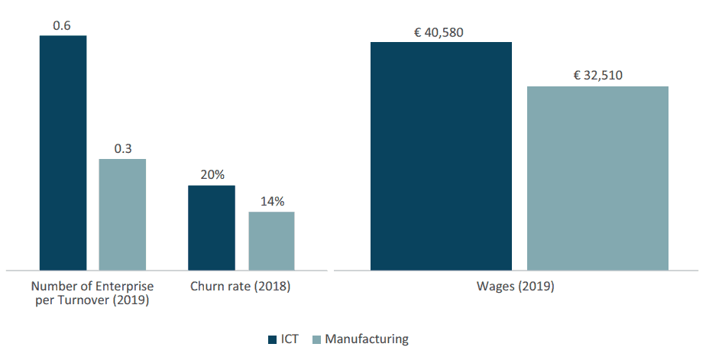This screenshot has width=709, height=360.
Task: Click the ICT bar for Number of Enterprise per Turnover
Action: tap(63, 153)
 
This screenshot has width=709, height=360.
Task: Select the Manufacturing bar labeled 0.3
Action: tap(122, 214)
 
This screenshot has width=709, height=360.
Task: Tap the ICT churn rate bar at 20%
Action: tap(212, 227)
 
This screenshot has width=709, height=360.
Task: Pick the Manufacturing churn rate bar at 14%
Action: tap(271, 241)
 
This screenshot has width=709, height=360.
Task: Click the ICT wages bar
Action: tap(441, 156)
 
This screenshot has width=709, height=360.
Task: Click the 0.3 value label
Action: tap(122, 149)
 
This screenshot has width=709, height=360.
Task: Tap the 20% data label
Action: tap(212, 175)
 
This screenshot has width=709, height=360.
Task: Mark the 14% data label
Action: tap(271, 202)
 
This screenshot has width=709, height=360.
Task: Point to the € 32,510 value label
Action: tap(598, 76)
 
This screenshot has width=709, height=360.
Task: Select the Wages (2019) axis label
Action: tap(516, 287)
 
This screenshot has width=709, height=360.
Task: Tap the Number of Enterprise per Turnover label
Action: tap(92, 293)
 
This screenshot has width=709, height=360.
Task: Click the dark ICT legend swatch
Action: tap(273, 339)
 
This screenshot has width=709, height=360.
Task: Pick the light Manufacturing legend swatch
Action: tap(317, 339)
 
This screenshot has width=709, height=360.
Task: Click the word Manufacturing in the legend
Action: tap(367, 339)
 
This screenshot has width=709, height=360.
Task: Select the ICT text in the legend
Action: tap(290, 339)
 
